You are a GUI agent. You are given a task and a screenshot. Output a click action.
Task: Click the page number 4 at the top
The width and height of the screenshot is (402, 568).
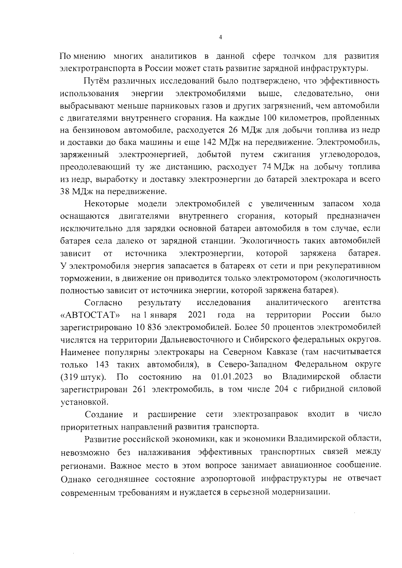[x=220, y=38]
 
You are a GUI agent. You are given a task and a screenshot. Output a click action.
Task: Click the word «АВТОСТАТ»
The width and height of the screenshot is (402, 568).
[x=90, y=315]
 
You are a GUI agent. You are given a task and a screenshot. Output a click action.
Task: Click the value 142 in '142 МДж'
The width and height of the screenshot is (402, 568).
[x=209, y=142]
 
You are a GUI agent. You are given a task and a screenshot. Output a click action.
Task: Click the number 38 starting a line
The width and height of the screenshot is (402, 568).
[x=65, y=192]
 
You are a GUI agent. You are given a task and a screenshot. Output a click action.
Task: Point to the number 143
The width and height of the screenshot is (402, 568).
[x=102, y=364]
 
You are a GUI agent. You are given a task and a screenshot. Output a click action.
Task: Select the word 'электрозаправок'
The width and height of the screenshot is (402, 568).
[x=265, y=414]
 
